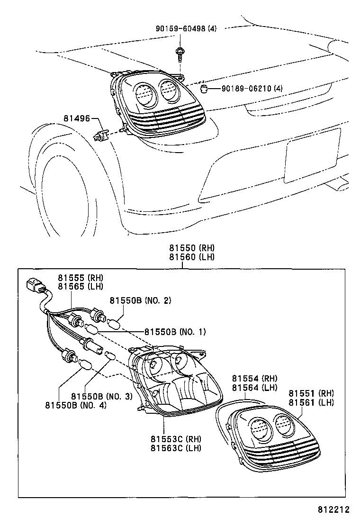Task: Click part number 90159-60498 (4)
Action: click(x=186, y=29)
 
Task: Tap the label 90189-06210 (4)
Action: click(x=252, y=89)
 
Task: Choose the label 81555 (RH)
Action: click(x=81, y=278)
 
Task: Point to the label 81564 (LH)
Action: click(x=254, y=387)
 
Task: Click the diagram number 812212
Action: click(x=333, y=510)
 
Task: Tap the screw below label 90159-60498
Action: click(x=180, y=53)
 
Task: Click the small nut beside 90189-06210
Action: click(x=205, y=90)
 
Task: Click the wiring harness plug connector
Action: click(x=35, y=287)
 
